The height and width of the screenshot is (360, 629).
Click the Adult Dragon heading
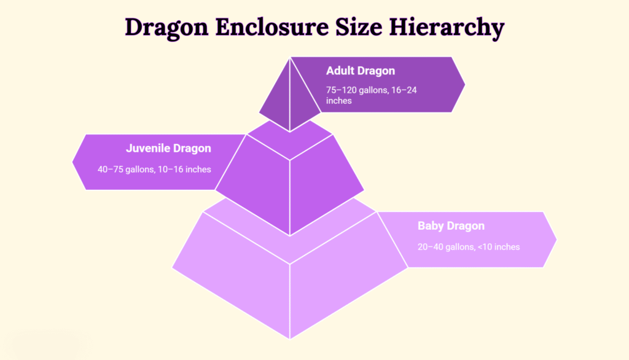pyautogui.click(x=360, y=71)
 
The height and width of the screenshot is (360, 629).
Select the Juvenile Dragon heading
pyautogui.click(x=168, y=148)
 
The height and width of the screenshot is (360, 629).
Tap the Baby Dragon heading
pyautogui.click(x=451, y=225)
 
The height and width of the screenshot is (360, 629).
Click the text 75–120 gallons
pyautogui.click(x=357, y=90)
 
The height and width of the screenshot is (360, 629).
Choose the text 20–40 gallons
pyautogui.click(x=446, y=247)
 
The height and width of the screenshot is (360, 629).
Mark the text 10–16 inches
pyautogui.click(x=184, y=170)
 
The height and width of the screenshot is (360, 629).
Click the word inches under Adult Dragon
pyautogui.click(x=338, y=101)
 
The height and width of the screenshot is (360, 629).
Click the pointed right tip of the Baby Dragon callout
pyautogui.click(x=557, y=240)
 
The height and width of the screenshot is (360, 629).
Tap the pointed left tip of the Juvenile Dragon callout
pyautogui.click(x=72, y=162)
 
